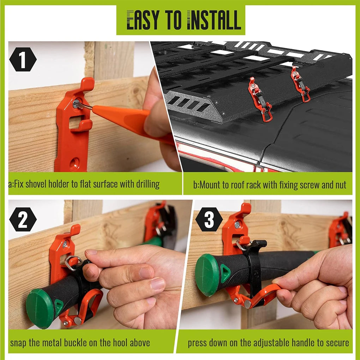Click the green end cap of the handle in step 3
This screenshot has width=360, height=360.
point(207,275)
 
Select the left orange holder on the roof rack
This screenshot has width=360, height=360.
point(259,99)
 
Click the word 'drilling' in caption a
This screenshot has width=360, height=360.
point(146,184)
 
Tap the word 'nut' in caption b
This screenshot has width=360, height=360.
point(340,185)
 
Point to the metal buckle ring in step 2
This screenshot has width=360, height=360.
point(73,263)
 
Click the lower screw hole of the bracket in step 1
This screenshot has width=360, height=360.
point(74,163)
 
